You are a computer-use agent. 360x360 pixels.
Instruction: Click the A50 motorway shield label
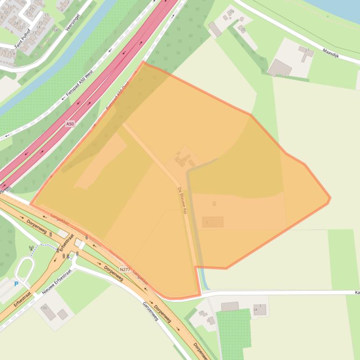[x=70, y=124]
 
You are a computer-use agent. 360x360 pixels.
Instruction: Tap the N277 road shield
[x=125, y=269]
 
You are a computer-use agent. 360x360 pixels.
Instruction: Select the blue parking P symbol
[x=16, y=284]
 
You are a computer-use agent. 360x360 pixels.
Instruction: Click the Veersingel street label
[x=73, y=22]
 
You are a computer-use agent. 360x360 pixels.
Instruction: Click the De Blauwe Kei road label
[x=182, y=201]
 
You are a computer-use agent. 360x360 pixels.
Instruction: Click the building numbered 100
[x=49, y=312]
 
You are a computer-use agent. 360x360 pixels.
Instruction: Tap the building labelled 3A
[x=260, y=309]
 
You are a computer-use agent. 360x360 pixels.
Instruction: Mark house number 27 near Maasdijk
[x=307, y=50]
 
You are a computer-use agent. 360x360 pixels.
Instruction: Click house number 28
[x=242, y=29]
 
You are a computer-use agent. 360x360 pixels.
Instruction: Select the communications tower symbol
[x=31, y=248]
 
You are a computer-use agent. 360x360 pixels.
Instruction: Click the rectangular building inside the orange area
[x=213, y=222]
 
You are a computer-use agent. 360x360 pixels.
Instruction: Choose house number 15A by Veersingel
[x=55, y=30]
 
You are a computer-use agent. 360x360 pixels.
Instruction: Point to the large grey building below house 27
[x=280, y=68]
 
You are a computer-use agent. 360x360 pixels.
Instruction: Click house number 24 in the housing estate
[x=15, y=23]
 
